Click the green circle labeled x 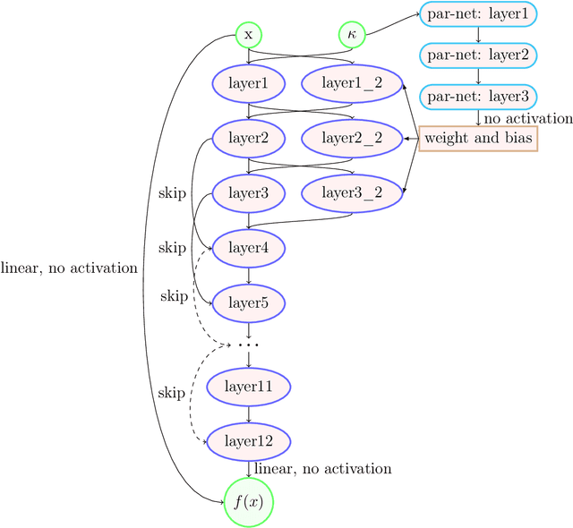(x=248, y=35)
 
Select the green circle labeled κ (x=352, y=35)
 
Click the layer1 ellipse (x=248, y=84)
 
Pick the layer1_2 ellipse (x=352, y=84)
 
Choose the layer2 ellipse (x=248, y=138)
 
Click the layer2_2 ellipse (x=352, y=138)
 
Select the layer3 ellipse (x=248, y=192)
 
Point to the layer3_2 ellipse (x=352, y=192)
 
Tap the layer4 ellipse (x=248, y=247)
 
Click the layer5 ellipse (x=248, y=302)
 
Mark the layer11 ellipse (x=248, y=387)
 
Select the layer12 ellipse (x=248, y=440)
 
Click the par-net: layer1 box (x=478, y=14)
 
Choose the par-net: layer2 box (x=478, y=55)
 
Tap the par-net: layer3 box (x=478, y=97)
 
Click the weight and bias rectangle (x=478, y=138)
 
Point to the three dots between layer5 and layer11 (x=248, y=345)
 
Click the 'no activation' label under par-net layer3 (x=527, y=118)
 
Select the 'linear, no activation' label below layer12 (x=322, y=468)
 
